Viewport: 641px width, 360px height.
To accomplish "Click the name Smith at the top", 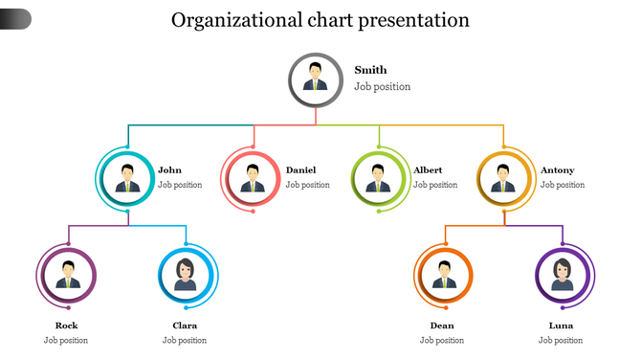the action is click(370, 70).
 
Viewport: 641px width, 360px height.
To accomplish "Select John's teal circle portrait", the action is click(128, 177).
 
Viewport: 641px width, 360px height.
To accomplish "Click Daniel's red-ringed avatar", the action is click(253, 177).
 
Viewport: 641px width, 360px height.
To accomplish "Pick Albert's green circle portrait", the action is click(379, 177).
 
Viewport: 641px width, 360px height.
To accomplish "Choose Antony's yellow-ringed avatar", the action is click(504, 177).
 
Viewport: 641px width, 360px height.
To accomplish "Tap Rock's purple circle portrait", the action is click(68, 275).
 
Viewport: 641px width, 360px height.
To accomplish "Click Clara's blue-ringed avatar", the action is click(186, 275).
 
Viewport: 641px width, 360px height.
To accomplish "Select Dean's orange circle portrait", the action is click(444, 275).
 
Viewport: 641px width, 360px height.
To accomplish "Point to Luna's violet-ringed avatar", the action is click(562, 275).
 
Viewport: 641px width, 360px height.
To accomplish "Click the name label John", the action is click(169, 170).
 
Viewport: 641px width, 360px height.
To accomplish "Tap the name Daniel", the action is click(300, 170).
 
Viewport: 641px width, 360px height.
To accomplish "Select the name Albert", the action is click(428, 170).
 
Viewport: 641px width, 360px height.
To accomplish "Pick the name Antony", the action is click(558, 170).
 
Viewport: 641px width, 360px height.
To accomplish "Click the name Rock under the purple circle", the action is click(67, 326).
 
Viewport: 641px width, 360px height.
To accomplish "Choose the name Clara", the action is click(185, 326).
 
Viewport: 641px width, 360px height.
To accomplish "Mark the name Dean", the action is click(442, 326).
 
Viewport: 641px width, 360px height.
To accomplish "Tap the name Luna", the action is click(561, 326).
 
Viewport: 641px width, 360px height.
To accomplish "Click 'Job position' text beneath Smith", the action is click(382, 87).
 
